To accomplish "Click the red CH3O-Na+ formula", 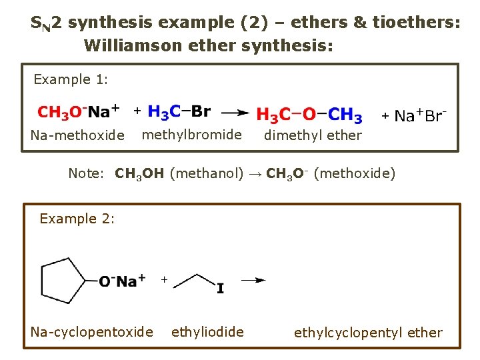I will pyautogui.click(x=79, y=111).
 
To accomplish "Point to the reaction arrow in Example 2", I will pyautogui.click(x=253, y=281).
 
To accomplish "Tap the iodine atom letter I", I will pyautogui.click(x=220, y=289).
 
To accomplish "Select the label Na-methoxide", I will pyautogui.click(x=77, y=135).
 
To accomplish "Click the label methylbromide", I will pyautogui.click(x=192, y=135).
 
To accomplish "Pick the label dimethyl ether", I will pyautogui.click(x=313, y=135).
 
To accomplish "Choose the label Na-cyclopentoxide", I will pyautogui.click(x=91, y=332).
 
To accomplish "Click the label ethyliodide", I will pyautogui.click(x=207, y=332).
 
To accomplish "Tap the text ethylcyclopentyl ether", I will pyautogui.click(x=368, y=333).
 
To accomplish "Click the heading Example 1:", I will pyautogui.click(x=71, y=80).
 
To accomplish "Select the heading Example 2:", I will pyautogui.click(x=77, y=219).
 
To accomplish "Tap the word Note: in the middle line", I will pyautogui.click(x=87, y=174).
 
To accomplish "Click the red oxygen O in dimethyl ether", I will pyautogui.click(x=309, y=116).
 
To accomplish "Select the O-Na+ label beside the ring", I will pyautogui.click(x=122, y=281).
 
